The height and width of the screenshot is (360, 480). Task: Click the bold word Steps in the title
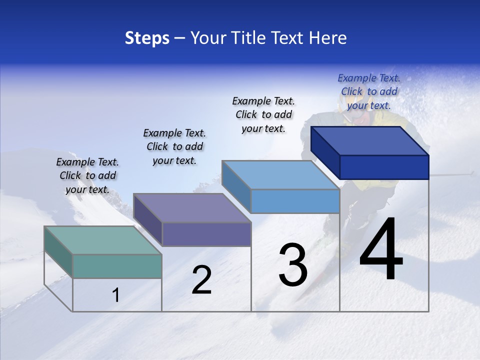point(147,38)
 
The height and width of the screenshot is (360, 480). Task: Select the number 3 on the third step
point(292,265)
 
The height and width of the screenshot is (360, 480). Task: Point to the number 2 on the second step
point(201,280)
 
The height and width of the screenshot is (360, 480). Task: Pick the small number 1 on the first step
point(115,295)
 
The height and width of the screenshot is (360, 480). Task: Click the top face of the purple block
point(192,207)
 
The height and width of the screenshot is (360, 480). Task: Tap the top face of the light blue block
point(280,175)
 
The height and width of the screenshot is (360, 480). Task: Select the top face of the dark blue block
point(370,140)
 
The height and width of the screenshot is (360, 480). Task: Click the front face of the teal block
point(117,266)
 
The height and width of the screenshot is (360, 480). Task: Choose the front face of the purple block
point(206,234)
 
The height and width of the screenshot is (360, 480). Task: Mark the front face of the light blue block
point(295,201)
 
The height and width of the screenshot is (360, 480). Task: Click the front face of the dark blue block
point(384,167)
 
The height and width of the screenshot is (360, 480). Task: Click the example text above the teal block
point(87,175)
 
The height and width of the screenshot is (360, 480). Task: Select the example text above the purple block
point(174,146)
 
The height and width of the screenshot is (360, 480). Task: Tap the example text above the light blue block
point(263,114)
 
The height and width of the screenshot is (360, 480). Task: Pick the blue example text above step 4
point(369,91)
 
